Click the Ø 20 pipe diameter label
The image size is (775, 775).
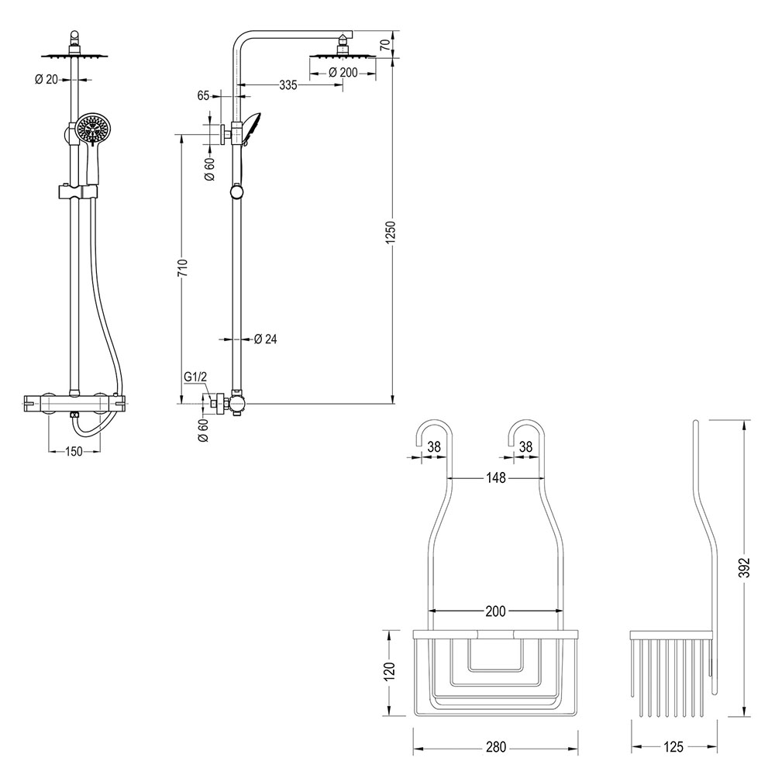pyautogui.click(x=48, y=78)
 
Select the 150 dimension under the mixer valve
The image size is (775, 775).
pyautogui.click(x=74, y=452)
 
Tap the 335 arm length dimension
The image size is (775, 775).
pyautogui.click(x=288, y=85)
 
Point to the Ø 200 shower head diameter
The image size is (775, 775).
pyautogui.click(x=343, y=72)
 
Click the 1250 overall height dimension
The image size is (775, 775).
pyautogui.click(x=391, y=233)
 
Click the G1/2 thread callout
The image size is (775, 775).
pyautogui.click(x=195, y=377)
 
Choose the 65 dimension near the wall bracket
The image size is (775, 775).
pyautogui.click(x=204, y=96)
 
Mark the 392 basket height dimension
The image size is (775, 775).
pyautogui.click(x=745, y=570)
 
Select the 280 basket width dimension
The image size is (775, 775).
pyautogui.click(x=495, y=747)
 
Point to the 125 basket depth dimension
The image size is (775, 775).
pyautogui.click(x=673, y=747)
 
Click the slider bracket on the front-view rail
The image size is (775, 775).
pyautogui.click(x=78, y=191)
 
